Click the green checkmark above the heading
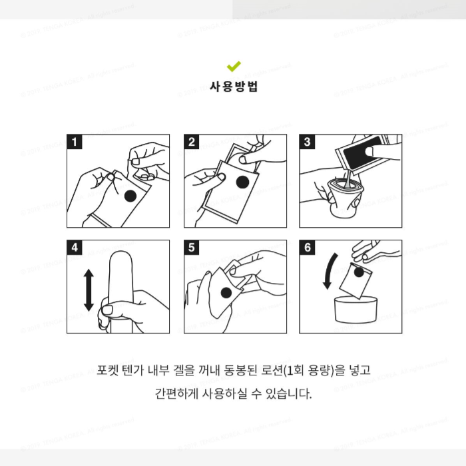(234, 66)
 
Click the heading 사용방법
(234, 87)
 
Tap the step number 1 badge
(75, 142)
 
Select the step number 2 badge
(192, 142)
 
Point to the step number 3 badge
(308, 142)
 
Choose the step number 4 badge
(75, 248)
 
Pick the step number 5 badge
(192, 248)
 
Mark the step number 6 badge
(308, 248)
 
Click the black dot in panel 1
(131, 194)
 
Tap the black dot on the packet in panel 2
(243, 182)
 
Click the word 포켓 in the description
(107, 369)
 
